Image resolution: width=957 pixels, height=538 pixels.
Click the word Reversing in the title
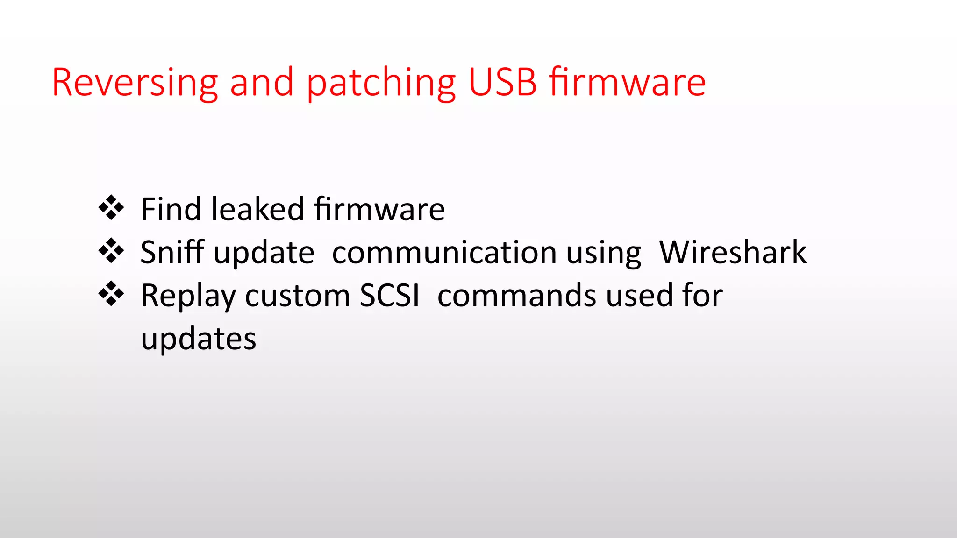[135, 83]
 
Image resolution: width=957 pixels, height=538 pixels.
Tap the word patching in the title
[381, 83]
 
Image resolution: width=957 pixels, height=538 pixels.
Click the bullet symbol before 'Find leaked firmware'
[111, 207]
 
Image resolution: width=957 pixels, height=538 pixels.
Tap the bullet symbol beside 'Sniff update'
[111, 251]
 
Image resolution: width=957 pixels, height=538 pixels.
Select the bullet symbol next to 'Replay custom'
[111, 294]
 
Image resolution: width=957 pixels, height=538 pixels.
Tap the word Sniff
[172, 252]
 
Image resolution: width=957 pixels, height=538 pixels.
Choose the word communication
[444, 252]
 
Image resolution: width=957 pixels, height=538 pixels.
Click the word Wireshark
[733, 252]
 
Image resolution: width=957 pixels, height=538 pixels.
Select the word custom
[297, 296]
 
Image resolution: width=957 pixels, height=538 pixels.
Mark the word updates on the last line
[199, 339]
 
